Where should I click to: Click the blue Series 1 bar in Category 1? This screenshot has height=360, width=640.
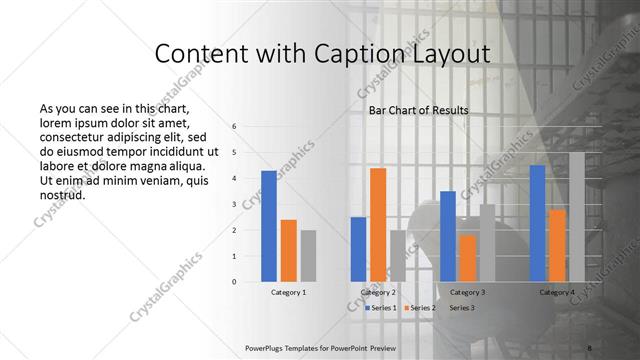click(269, 226)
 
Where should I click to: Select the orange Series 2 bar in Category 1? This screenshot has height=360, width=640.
click(288, 250)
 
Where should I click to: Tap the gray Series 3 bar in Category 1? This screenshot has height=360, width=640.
click(308, 256)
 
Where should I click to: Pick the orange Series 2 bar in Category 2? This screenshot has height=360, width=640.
click(378, 225)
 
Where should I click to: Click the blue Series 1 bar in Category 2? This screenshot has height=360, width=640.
click(358, 249)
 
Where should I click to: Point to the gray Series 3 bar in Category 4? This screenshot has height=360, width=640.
click(576, 217)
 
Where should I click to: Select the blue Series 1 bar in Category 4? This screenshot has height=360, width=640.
click(537, 223)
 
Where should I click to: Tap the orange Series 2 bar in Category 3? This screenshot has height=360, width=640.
click(467, 258)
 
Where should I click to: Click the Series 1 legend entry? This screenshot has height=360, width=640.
click(381, 308)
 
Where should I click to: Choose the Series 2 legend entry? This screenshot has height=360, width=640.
click(421, 308)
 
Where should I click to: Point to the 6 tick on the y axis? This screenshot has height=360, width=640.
click(233, 127)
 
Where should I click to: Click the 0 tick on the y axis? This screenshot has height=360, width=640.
click(233, 282)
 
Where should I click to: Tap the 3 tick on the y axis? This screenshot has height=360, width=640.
click(233, 204)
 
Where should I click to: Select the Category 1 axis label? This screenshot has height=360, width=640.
click(288, 293)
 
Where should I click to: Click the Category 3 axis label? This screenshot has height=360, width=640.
click(467, 293)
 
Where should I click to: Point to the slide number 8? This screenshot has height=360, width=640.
click(590, 349)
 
